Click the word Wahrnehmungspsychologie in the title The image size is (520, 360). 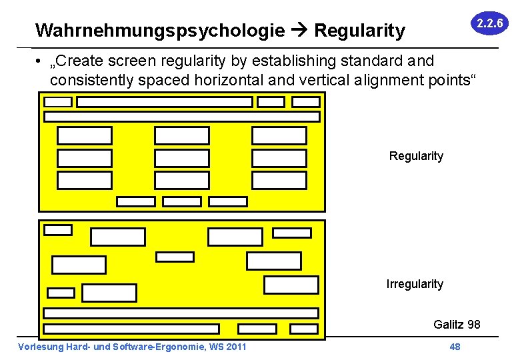tap(160, 31)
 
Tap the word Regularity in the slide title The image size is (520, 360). tap(359, 31)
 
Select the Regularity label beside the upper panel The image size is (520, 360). tap(416, 156)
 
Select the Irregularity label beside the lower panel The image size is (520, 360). tap(415, 284)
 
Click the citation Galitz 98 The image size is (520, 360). tap(457, 325)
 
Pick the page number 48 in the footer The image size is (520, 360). tap(455, 347)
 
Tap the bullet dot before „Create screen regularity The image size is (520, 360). tap(41, 62)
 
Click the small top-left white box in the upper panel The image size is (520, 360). tap(58, 102)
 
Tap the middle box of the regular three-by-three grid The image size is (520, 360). tap(181, 158)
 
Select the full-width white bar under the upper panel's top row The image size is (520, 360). tap(181, 117)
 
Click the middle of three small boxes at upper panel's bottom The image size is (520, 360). tap(182, 201)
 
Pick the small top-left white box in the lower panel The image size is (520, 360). tap(57, 230)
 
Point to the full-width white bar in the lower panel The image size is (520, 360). tap(181, 313)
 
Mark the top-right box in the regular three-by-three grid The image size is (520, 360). tap(279, 136)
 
